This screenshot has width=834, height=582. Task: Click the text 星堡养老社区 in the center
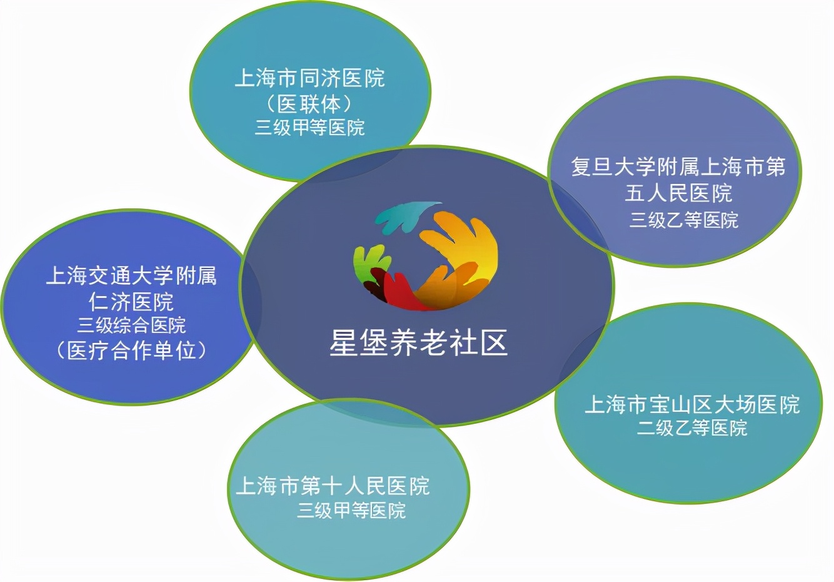(x=418, y=343)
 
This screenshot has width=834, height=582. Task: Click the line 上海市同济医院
(x=309, y=78)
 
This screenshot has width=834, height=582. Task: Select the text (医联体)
(x=309, y=103)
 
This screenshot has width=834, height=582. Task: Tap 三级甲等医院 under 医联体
(x=309, y=128)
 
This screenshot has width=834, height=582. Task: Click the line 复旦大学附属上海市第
(x=678, y=167)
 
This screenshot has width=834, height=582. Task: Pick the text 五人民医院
(x=678, y=193)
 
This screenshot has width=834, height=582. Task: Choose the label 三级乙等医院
(x=683, y=220)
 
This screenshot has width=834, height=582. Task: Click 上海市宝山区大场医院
(x=692, y=404)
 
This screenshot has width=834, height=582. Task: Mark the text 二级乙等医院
(x=692, y=428)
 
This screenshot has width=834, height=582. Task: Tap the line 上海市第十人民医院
(x=333, y=486)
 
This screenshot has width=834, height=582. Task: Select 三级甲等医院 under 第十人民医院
(x=351, y=511)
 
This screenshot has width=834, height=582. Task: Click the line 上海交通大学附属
(x=131, y=275)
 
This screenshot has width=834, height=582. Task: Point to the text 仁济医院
(x=131, y=302)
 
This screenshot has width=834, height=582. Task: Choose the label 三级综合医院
(x=131, y=325)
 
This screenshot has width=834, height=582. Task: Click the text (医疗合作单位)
(x=131, y=350)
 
